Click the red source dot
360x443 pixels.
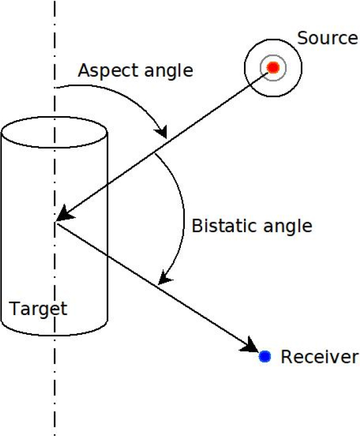(273, 68)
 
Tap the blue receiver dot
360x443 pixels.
(265, 356)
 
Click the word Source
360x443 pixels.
(327, 38)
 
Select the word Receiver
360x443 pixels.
(319, 357)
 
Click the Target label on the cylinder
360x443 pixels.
(38, 308)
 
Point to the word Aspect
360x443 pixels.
(105, 71)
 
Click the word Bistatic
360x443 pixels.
(221, 226)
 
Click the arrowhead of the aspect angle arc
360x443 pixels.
(162, 132)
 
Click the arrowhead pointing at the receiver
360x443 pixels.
(251, 345)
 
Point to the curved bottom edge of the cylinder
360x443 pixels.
(54, 333)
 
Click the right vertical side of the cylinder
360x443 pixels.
(107, 237)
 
